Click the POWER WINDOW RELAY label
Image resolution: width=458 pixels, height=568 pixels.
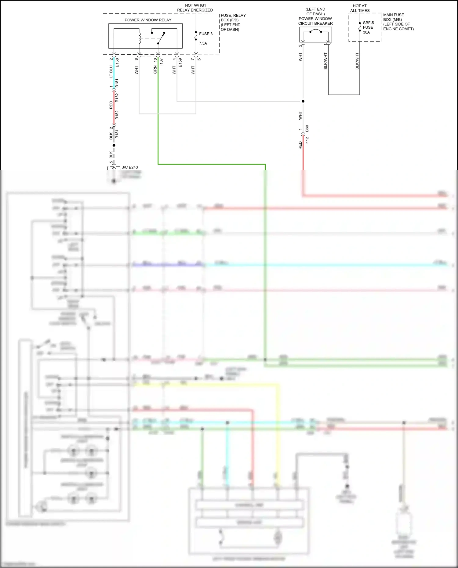coord(148,20)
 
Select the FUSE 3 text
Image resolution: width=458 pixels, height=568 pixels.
coord(205,34)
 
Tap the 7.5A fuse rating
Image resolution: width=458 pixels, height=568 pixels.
coord(203,43)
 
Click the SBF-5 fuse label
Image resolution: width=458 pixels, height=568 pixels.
coord(368,23)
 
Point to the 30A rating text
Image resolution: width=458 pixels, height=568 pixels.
coord(366,32)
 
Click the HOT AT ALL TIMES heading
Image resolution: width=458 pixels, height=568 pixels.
coord(360,8)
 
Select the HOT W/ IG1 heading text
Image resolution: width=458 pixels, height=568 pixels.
coord(195,5)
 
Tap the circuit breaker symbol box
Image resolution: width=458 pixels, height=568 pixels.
coord(315,34)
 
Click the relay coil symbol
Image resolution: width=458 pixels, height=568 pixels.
coord(140,38)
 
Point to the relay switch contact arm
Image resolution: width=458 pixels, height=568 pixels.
coord(161,38)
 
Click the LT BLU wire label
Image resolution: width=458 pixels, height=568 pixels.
coord(111,72)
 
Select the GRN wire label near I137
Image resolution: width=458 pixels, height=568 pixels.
coord(155,70)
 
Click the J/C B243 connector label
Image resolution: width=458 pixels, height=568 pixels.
coord(130,167)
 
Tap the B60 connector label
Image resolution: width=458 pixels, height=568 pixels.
coord(307,128)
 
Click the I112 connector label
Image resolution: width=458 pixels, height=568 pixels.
coord(307,140)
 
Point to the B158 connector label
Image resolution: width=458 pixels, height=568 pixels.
coord(117,63)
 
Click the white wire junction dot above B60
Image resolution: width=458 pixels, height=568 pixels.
coord(303,101)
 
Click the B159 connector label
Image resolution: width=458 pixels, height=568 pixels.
coord(180,63)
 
